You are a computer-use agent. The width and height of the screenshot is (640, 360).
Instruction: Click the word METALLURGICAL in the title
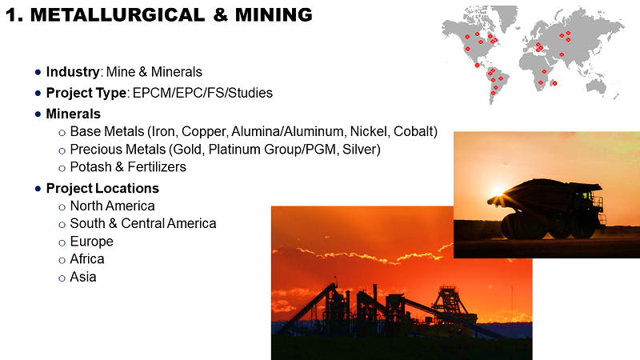(x=118, y=15)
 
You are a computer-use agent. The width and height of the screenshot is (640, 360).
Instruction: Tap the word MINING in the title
(x=274, y=15)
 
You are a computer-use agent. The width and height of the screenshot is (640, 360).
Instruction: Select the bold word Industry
(x=73, y=72)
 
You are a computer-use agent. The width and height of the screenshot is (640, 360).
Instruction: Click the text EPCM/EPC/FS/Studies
(x=202, y=93)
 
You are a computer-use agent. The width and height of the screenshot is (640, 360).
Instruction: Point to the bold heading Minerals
(x=73, y=114)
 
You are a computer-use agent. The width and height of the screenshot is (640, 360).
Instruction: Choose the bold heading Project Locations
(x=102, y=189)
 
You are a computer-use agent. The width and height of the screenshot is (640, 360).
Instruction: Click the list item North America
(x=112, y=206)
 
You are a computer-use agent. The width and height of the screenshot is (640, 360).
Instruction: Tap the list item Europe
(x=91, y=242)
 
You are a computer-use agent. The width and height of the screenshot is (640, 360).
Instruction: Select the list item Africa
(x=87, y=259)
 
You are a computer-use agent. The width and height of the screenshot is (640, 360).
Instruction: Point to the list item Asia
(x=83, y=277)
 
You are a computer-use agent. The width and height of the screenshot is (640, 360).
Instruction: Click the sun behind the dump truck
(x=498, y=191)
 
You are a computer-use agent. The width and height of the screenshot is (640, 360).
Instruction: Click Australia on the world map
(x=596, y=86)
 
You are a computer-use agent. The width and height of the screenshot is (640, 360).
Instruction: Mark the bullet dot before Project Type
(x=38, y=94)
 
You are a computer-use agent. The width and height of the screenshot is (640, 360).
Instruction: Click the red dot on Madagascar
(x=554, y=83)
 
